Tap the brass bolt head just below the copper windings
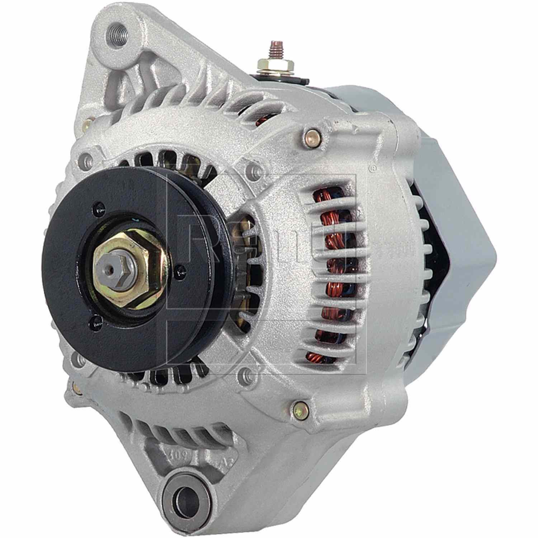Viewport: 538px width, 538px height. coord(297,407)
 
